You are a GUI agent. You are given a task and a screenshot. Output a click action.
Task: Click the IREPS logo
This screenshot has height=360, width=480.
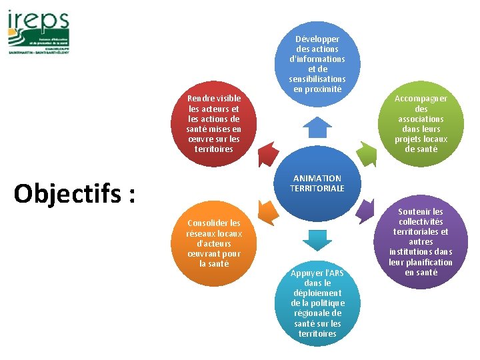tap(38, 31)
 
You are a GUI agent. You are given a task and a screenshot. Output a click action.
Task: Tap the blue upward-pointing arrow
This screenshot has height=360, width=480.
tap(317, 127)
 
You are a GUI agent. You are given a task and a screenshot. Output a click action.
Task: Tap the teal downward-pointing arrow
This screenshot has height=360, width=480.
tap(317, 239)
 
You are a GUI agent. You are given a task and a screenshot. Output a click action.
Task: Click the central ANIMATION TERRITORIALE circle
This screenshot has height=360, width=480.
tap(317, 183)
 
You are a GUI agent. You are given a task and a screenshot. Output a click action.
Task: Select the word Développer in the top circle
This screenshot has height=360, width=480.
tap(317, 39)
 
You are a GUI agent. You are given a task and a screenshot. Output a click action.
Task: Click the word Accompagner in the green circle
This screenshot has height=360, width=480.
tap(421, 99)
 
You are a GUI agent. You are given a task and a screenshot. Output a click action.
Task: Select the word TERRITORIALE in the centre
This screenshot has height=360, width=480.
tap(317, 189)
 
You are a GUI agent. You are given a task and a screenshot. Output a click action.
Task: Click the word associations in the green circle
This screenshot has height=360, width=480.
tap(421, 119)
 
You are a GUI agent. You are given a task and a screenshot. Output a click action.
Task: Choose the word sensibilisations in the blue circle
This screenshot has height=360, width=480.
tap(317, 79)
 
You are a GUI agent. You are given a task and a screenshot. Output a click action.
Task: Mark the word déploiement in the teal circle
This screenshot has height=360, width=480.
tap(317, 293)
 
